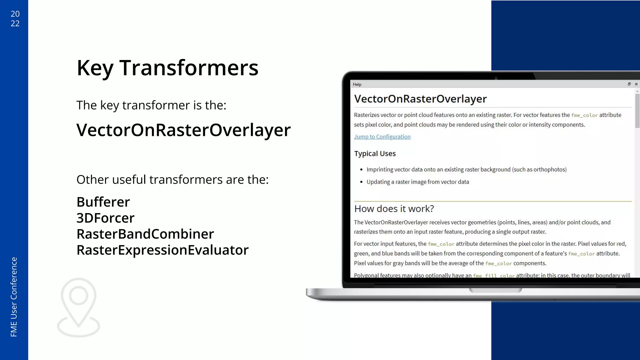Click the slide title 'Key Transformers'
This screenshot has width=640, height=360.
[167, 68]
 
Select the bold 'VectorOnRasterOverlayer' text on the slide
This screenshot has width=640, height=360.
[183, 130]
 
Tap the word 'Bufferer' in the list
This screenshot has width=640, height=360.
[103, 202]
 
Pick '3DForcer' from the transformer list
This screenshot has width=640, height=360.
[105, 218]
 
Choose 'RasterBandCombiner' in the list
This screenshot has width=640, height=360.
[145, 234]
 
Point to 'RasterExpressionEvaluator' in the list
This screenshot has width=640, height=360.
[162, 250]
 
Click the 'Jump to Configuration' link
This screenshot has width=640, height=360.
[382, 137]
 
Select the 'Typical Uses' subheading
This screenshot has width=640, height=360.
[375, 153]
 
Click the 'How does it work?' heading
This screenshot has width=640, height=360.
[394, 208]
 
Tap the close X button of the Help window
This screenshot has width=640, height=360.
[636, 84]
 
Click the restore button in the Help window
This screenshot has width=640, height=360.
[629, 84]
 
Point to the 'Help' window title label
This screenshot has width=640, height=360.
[357, 84]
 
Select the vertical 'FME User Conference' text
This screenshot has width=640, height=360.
[14, 297]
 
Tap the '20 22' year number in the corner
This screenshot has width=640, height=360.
[15, 18]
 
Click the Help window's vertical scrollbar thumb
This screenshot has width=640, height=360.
[637, 111]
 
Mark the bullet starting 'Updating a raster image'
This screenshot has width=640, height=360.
[417, 182]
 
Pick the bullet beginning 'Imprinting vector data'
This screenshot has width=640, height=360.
[466, 169]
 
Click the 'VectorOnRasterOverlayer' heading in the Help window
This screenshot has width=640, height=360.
[420, 99]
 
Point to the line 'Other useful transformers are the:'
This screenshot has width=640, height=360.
[172, 180]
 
